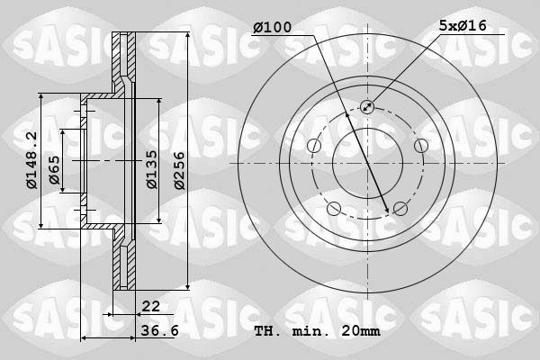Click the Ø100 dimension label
tap(273, 28)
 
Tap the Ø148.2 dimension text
tap(31, 161)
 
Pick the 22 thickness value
tap(150, 307)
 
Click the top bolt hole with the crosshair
tap(367, 107)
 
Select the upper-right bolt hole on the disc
tap(420, 146)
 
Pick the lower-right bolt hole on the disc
tap(400, 209)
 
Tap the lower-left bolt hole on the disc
tap(334, 209)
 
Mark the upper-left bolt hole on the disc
tap(313, 146)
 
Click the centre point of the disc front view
tap(367, 164)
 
